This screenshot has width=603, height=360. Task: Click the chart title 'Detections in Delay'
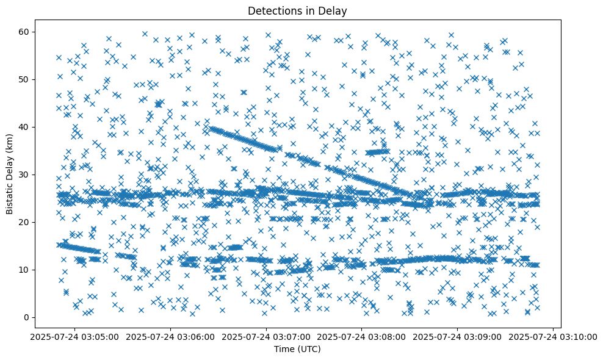click(297, 10)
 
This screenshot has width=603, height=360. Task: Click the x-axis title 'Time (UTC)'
click(297, 350)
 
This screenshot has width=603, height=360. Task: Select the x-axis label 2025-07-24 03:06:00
click(171, 336)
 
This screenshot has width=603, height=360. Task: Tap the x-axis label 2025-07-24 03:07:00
click(267, 336)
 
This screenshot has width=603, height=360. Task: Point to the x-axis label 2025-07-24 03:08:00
click(362, 336)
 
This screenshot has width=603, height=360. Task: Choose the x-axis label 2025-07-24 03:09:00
click(458, 336)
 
